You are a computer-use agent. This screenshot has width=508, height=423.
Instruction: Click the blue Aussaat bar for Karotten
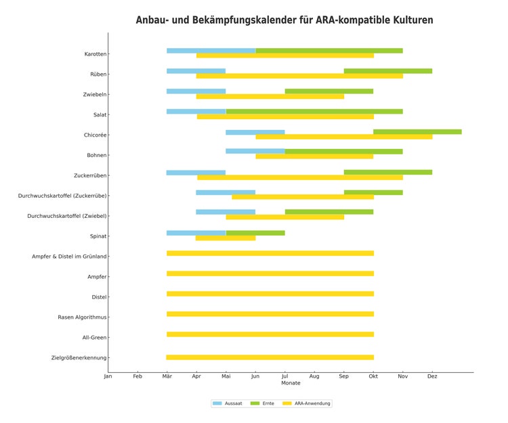point(211,51)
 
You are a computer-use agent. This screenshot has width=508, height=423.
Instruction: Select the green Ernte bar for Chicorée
point(417,132)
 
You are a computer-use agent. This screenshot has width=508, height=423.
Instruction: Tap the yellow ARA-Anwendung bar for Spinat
point(226,238)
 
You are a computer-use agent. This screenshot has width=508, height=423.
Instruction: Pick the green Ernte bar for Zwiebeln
point(329,91)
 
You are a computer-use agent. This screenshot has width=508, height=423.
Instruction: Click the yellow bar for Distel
point(270,294)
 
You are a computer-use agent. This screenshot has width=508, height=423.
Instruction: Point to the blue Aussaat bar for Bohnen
point(255,152)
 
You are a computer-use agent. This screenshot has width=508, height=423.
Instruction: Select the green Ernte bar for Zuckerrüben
point(388,173)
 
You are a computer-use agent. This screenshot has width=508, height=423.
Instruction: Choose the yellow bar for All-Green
point(270,334)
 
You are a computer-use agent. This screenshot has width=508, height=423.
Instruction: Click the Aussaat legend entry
point(228,403)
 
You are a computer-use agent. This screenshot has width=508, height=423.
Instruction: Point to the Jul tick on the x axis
point(284,376)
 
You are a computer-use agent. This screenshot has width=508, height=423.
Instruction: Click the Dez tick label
point(432,376)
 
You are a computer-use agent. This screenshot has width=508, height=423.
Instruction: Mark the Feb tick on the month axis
point(137,376)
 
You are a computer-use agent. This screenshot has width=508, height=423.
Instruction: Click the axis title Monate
point(291,383)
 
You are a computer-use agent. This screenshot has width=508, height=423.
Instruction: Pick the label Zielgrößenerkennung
point(79,358)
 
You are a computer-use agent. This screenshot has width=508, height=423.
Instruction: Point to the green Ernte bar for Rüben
point(388,71)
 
